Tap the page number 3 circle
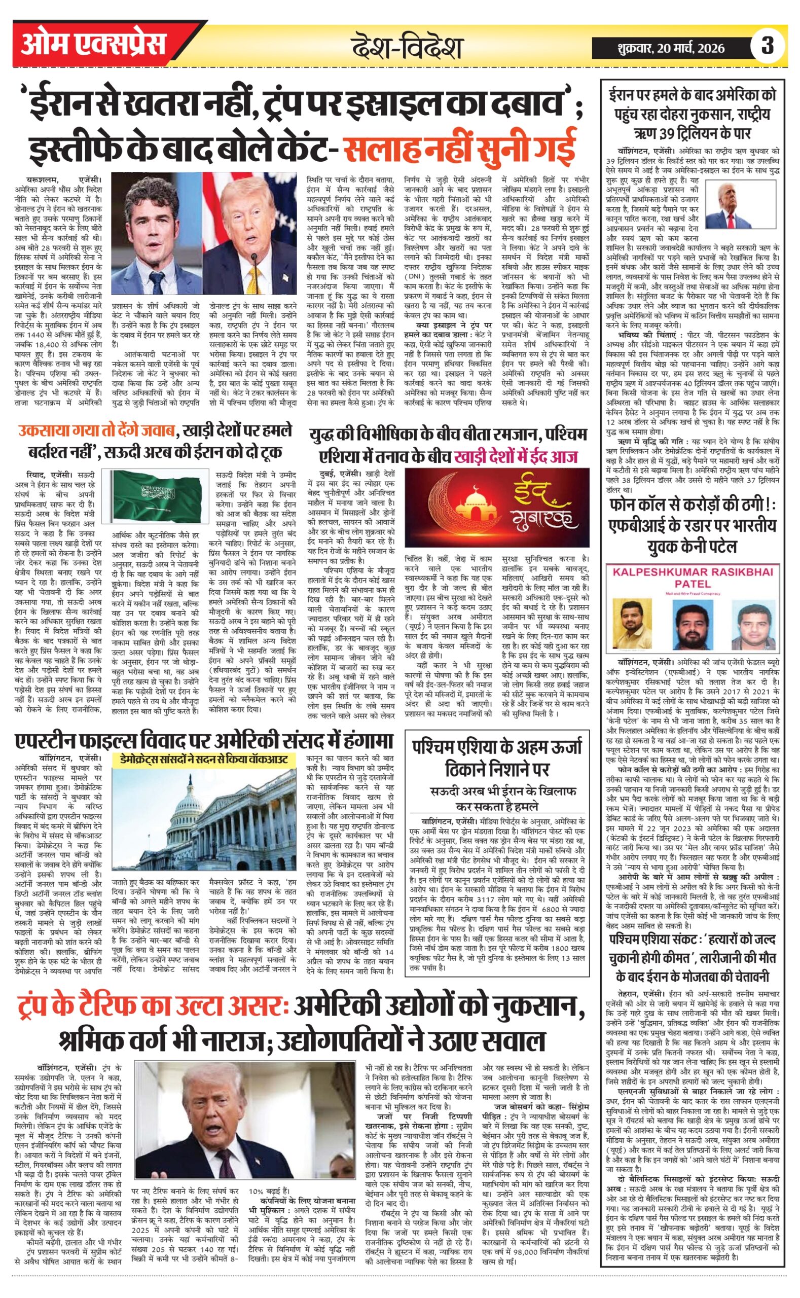tap(767, 46)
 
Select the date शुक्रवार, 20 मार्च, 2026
tap(670, 48)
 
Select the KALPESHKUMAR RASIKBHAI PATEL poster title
tap(693, 578)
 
